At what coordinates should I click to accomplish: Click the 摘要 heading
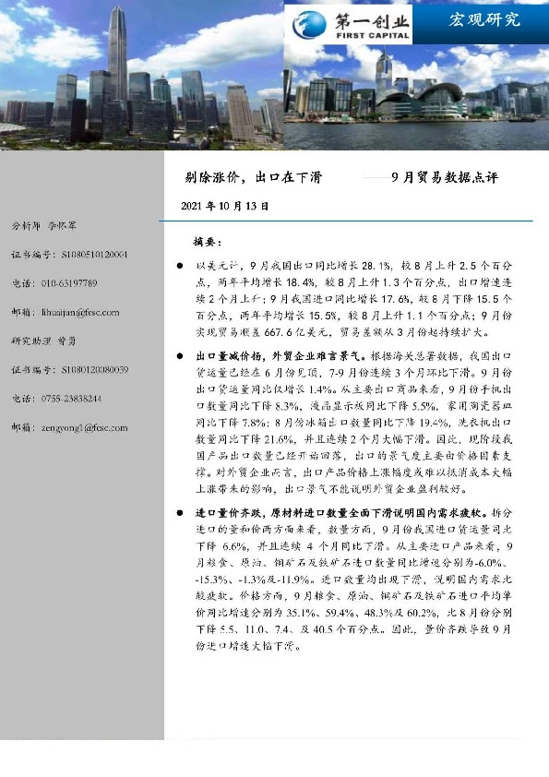[208, 241]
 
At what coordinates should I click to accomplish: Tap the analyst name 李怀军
[63, 225]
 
